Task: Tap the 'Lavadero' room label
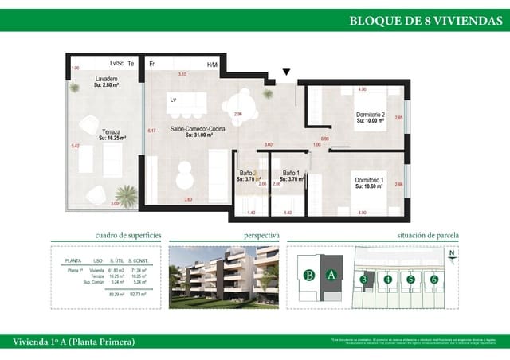coord(107,80)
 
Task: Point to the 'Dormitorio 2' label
coord(370,115)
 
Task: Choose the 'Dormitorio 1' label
coord(369,182)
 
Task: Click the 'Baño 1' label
coord(292,174)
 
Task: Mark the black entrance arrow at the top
coord(287,72)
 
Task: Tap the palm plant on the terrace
coord(125,194)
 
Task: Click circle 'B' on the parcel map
coord(308,276)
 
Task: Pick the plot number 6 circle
coord(434,279)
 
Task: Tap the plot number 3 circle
coord(363,279)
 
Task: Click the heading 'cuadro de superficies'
coord(128,236)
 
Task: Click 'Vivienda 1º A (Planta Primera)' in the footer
coord(74,342)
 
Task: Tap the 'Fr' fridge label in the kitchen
coord(151,63)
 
